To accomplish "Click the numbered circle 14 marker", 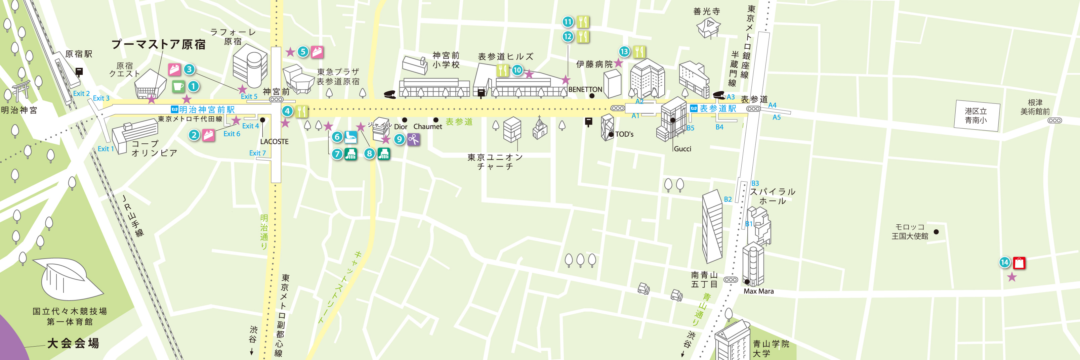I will click(1004, 262).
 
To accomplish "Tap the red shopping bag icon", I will click(1019, 263).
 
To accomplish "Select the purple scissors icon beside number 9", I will click(413, 139).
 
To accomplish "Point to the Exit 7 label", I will click(257, 153).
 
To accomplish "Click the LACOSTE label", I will click(274, 142).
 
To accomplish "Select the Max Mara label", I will click(758, 291).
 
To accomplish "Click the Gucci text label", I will click(682, 149).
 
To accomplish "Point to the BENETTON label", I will click(585, 90).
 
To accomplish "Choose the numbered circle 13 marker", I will click(624, 51).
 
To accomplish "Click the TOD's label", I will click(624, 134).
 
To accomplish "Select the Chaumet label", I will click(428, 127).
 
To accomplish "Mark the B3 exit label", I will click(755, 183).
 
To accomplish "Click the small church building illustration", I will click(540, 129).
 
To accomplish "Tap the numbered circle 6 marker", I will click(337, 137).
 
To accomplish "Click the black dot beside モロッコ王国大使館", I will click(936, 232).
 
